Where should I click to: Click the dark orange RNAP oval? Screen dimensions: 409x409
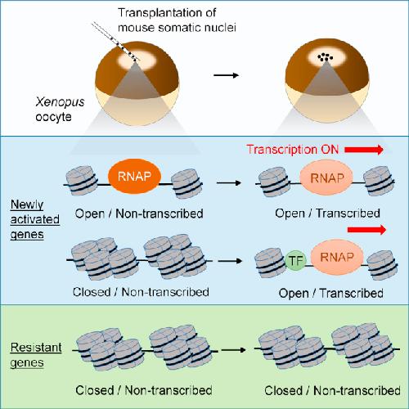pos(134,177)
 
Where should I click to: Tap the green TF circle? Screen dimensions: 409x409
pos(296,261)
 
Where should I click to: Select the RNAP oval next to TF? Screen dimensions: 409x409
pos(337,257)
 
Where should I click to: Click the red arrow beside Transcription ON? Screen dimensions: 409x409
pos(364,150)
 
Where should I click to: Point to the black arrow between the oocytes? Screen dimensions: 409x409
pos(226,75)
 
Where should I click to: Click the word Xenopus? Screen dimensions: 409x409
pos(60,102)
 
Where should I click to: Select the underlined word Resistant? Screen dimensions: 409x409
pos(36,348)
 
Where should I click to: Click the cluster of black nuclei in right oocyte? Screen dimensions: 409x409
pos(326,57)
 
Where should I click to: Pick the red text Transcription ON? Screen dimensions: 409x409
pos(293,150)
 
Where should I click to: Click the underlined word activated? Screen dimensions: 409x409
pos(35,219)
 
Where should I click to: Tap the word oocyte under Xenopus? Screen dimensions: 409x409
pos(53,117)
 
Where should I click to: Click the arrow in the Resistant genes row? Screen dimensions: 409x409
pos(233,350)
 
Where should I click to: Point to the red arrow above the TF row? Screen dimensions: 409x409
pos(366,230)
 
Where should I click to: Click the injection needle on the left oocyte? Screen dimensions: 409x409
pos(116,41)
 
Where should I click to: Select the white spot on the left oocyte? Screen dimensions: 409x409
pos(137,61)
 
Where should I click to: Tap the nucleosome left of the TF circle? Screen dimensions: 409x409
pos(270,263)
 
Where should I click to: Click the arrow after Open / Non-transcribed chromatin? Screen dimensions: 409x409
pos(229,182)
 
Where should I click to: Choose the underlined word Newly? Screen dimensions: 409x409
pos(27,205)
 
